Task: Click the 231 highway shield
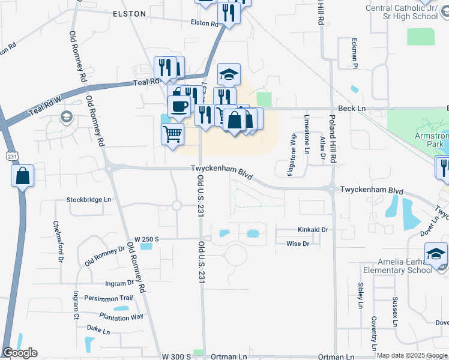click(13, 156)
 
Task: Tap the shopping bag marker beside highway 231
click(22, 176)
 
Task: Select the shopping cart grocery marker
click(173, 134)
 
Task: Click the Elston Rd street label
click(204, 23)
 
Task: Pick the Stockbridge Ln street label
click(89, 199)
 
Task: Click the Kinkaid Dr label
click(313, 230)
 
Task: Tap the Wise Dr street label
click(298, 244)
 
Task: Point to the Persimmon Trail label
click(108, 298)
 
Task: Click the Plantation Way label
click(122, 316)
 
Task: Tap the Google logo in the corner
click(20, 353)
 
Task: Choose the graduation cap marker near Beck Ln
click(229, 74)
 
